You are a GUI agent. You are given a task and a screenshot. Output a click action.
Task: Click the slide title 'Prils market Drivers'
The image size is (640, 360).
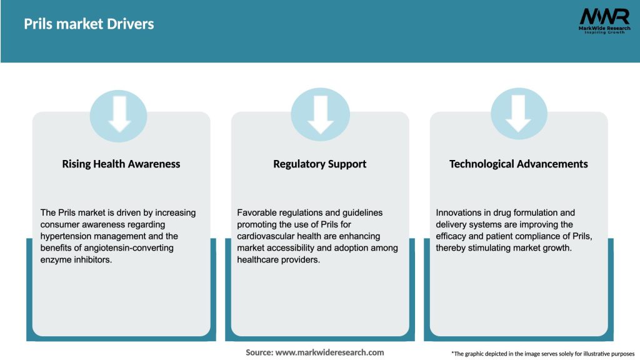tap(89, 24)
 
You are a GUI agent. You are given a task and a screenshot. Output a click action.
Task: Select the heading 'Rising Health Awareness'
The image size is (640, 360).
tap(121, 164)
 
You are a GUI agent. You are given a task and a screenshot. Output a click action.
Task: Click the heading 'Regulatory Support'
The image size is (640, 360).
tap(320, 164)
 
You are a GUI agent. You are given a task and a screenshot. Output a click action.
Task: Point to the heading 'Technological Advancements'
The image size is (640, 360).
tap(519, 164)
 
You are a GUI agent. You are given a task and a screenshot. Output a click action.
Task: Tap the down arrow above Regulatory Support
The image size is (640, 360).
tap(320, 114)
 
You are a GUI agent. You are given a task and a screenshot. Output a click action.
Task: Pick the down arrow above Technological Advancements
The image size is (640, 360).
tap(519, 114)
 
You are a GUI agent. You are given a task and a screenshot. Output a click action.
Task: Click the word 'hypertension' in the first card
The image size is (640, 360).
tap(67, 236)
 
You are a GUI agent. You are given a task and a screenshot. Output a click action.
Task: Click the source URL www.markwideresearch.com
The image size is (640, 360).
tap(330, 352)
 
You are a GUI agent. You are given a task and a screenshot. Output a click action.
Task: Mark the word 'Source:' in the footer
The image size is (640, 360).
tap(259, 352)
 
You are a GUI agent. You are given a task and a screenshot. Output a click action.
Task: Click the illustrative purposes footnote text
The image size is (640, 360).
tap(542, 354)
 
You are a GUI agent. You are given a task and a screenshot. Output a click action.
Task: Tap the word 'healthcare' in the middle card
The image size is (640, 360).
tap(259, 260)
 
